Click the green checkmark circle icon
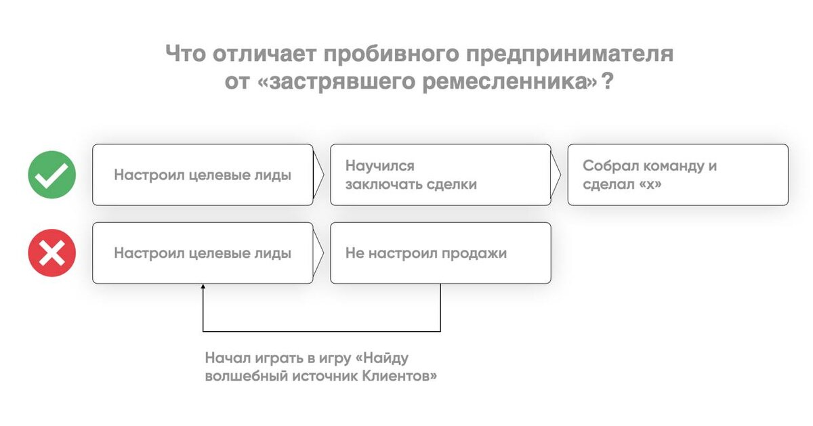click(51, 175)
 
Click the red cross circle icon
click(51, 253)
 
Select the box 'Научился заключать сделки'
click(440, 175)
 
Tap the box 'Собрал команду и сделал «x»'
click(677, 175)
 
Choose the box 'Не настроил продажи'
click(440, 253)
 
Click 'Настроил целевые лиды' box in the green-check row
click(203, 175)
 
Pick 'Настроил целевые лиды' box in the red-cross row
click(203, 253)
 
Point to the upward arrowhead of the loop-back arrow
click(203, 288)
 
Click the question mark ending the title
click(608, 82)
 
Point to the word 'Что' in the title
click(185, 54)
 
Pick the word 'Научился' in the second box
click(379, 166)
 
